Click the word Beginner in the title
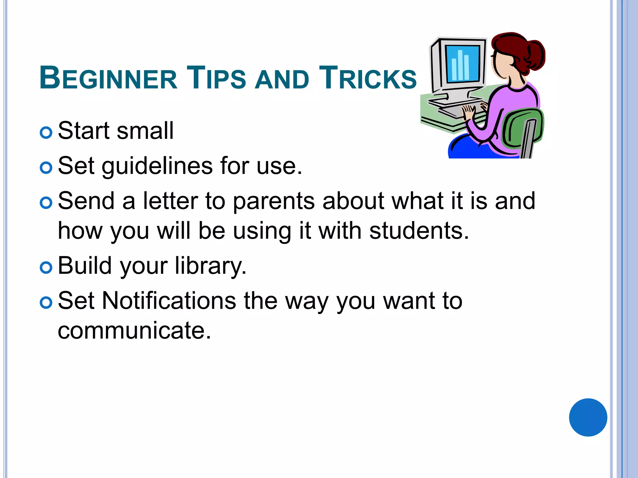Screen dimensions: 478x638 click(108, 78)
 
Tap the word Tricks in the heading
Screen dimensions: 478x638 click(368, 78)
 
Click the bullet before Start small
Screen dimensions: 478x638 click(46, 133)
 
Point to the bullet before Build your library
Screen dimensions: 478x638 click(46, 268)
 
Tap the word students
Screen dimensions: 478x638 click(419, 231)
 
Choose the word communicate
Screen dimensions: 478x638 click(134, 330)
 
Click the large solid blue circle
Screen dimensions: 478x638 click(588, 417)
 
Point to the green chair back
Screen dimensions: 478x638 click(523, 128)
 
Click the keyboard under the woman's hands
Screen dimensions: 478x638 click(455, 109)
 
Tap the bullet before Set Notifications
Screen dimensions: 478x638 click(46, 302)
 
